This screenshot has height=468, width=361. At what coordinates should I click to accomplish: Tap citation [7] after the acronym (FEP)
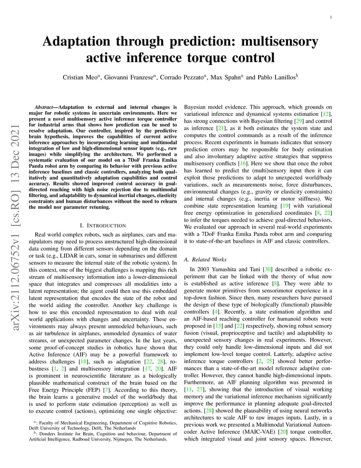point(106,376)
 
